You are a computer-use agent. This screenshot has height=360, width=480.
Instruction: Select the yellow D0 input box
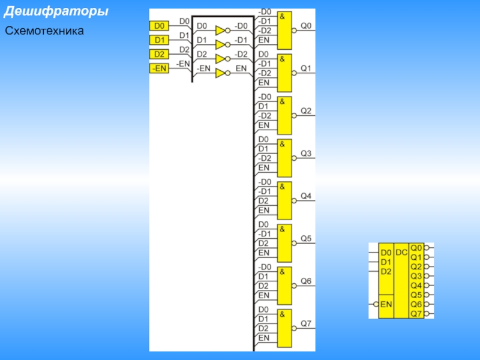click(x=159, y=26)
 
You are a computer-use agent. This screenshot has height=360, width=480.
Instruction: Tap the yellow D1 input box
click(x=159, y=40)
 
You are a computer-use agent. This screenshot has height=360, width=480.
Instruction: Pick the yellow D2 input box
click(x=159, y=55)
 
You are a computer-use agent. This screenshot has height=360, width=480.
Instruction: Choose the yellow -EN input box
click(x=159, y=68)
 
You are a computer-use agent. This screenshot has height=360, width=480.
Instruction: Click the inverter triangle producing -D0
click(x=221, y=30)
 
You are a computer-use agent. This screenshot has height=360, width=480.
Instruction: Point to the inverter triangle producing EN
click(x=221, y=73)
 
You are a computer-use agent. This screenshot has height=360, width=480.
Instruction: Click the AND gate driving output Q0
click(x=284, y=31)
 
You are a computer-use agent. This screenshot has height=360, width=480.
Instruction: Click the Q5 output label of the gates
click(x=306, y=239)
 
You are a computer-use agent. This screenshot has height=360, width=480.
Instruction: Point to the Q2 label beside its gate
click(x=306, y=111)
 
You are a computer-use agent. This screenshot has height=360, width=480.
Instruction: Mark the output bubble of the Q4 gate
click(x=294, y=201)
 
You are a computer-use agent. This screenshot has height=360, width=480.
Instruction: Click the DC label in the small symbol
click(x=401, y=253)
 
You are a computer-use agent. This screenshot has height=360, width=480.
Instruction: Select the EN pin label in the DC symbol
click(x=386, y=304)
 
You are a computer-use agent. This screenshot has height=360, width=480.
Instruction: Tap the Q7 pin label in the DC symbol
click(x=416, y=313)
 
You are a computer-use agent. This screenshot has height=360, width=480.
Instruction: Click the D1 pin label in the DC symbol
click(x=386, y=262)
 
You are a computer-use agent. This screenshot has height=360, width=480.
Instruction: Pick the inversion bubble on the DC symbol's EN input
click(x=376, y=304)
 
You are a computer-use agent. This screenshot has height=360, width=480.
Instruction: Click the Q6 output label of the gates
click(x=306, y=281)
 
